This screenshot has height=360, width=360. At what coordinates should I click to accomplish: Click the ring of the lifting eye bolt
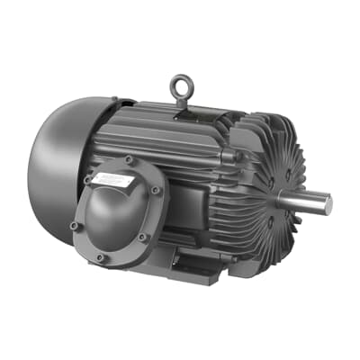click(178, 84)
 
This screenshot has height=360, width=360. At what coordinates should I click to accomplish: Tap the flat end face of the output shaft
click(328, 204)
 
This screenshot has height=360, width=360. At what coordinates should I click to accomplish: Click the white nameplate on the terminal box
click(119, 177)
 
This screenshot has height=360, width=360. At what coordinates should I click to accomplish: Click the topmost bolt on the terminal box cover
click(128, 160)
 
